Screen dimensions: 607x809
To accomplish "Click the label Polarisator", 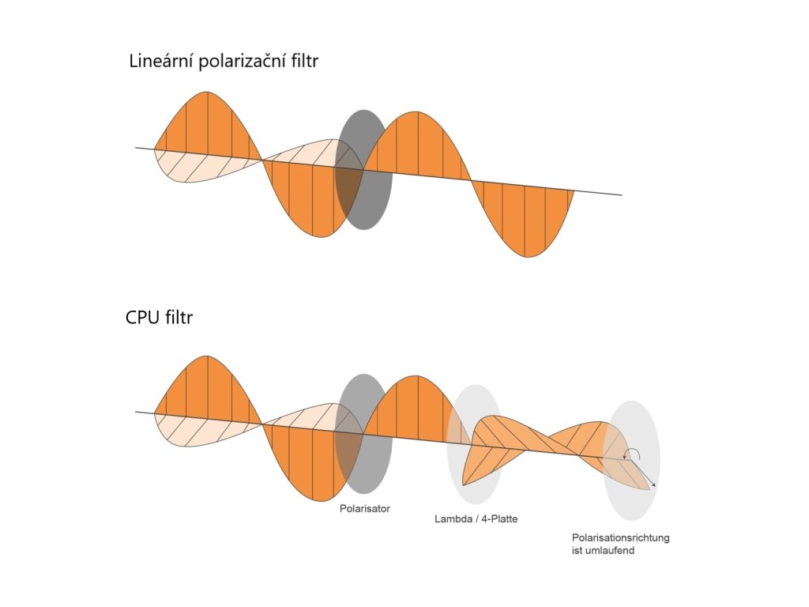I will click(x=365, y=508).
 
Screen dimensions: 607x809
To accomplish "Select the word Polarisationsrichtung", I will click(x=621, y=537).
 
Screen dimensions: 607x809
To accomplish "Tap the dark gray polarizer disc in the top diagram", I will click(x=363, y=170).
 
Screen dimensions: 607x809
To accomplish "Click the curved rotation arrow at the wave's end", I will click(x=631, y=453).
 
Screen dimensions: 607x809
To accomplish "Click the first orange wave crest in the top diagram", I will click(x=207, y=123).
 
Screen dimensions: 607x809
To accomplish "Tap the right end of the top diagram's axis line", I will click(x=620, y=194).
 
